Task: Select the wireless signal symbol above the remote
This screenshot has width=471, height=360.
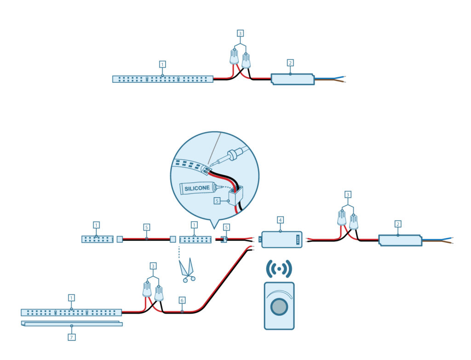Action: coord(279,269)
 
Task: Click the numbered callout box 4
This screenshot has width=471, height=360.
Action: coord(280,220)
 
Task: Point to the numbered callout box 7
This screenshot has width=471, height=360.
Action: coord(71,337)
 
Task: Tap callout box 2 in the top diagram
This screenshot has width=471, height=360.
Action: coord(290,62)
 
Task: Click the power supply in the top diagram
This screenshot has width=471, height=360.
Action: coord(293,79)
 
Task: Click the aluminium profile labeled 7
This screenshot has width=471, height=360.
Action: coord(72,324)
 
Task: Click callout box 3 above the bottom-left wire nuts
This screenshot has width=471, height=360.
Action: coord(153,266)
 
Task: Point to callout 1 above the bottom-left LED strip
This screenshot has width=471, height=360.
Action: coord(71,297)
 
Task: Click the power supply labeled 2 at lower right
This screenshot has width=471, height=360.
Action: coord(399,240)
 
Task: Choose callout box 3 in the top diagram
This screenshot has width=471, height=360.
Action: coord(240,33)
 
